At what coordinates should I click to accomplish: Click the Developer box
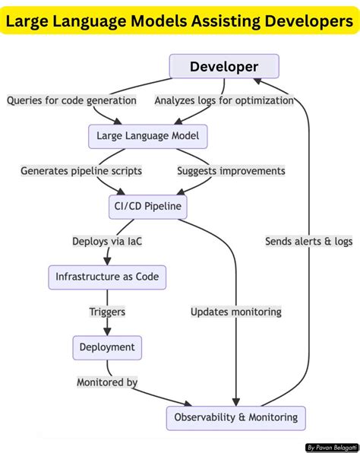coord(224,66)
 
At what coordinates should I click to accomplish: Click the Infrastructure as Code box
coord(107,277)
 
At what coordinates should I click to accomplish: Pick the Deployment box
coord(107,347)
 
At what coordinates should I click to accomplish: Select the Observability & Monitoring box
coord(236,417)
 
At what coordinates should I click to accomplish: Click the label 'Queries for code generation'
coord(72,100)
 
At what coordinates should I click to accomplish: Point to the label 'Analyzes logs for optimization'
coord(224,100)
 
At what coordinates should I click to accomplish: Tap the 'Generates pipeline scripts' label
coord(81,171)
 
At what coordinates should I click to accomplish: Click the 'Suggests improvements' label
coord(231,171)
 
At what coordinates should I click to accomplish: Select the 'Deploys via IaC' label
coord(107,242)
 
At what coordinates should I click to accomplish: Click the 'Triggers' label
coord(107,312)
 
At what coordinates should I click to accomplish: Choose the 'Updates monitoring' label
coord(236,312)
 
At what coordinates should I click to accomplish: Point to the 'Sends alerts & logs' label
coord(309,242)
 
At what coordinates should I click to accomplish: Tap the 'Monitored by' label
coord(107,382)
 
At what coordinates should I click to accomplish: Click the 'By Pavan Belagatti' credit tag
coord(331,448)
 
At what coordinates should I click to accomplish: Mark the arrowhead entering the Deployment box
coord(107,331)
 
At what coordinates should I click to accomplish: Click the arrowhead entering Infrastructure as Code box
coord(107,261)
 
